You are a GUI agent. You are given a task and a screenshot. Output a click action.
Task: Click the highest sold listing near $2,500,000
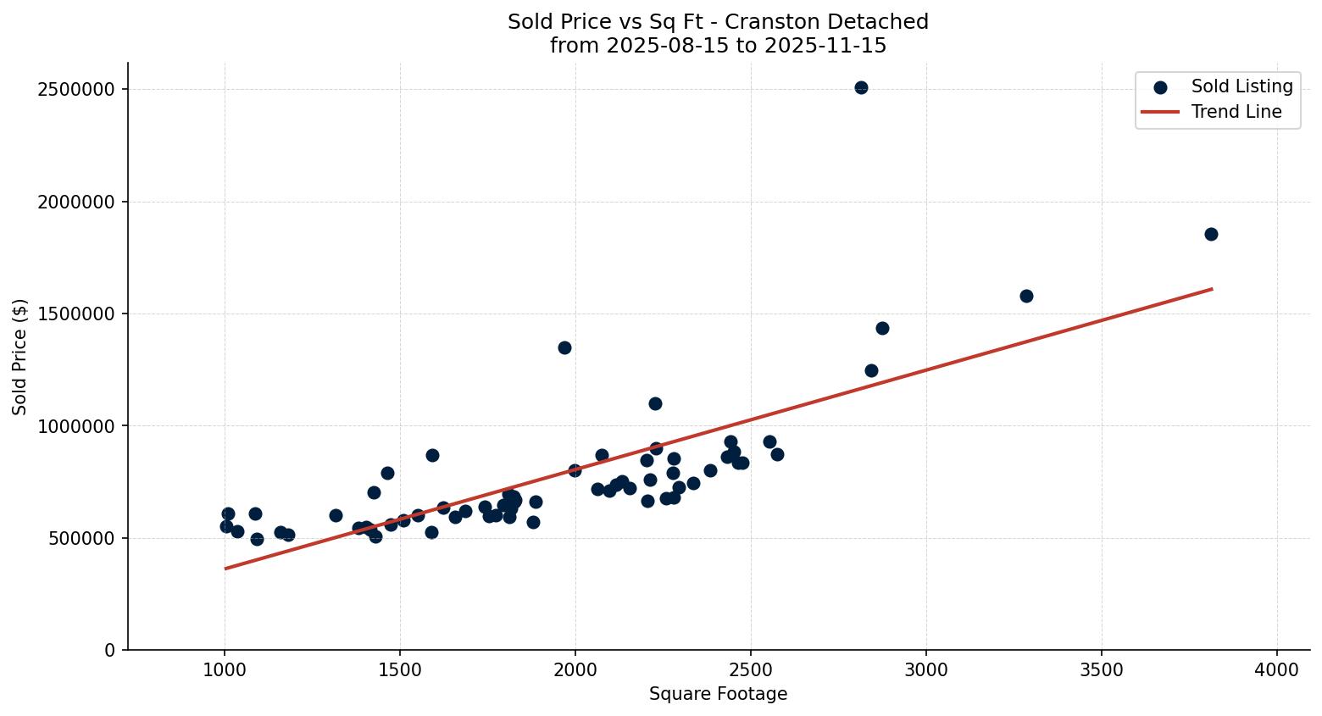click(x=861, y=87)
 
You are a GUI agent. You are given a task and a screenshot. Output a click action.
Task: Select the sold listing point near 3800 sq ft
click(x=1211, y=234)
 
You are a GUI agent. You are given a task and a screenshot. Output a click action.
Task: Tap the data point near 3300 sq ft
click(x=1026, y=296)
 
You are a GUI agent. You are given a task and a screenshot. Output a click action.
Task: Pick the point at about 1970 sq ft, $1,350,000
click(x=564, y=347)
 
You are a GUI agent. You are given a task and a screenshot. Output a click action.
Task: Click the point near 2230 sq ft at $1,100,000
click(x=655, y=403)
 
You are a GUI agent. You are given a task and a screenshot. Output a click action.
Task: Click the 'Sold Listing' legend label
click(x=1241, y=86)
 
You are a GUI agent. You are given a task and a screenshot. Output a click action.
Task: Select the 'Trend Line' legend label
click(x=1236, y=112)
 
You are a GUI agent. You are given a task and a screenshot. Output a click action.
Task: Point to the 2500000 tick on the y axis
click(x=76, y=90)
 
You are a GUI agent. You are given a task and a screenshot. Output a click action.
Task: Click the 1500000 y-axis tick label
click(x=76, y=314)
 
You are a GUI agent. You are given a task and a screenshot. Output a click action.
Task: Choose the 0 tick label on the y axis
click(x=110, y=650)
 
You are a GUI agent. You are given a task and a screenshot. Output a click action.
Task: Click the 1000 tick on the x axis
click(x=225, y=669)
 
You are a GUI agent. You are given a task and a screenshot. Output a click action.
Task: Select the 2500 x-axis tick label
click(x=751, y=669)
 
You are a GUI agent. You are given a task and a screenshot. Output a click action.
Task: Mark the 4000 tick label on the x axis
click(x=1277, y=669)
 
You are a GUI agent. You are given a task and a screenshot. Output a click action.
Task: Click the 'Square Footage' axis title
click(x=718, y=694)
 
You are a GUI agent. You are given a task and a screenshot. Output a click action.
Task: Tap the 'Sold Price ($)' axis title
click(x=20, y=357)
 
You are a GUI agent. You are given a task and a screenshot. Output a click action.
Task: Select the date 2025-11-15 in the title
click(x=825, y=46)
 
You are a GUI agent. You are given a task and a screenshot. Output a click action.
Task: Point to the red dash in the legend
click(x=1160, y=112)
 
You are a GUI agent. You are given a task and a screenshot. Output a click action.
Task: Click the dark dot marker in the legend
click(x=1160, y=86)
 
